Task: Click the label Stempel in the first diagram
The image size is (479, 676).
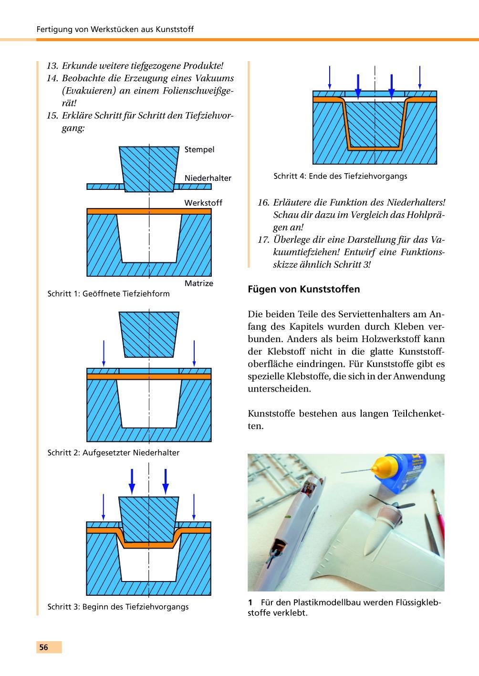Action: pyautogui.click(x=199, y=150)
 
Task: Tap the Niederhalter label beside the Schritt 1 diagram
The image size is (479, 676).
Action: pyautogui.click(x=208, y=178)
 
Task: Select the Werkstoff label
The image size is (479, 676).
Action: pyautogui.click(x=203, y=203)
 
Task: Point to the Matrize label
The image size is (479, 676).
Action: pyautogui.click(x=199, y=283)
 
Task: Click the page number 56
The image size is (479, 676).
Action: pyautogui.click(x=44, y=647)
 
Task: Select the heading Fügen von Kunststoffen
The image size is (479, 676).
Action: pyautogui.click(x=304, y=289)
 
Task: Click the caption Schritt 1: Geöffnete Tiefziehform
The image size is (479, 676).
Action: pyautogui.click(x=108, y=293)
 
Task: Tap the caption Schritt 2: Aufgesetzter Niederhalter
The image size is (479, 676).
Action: pyautogui.click(x=114, y=452)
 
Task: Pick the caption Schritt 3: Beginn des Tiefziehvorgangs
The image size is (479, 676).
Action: pyautogui.click(x=118, y=607)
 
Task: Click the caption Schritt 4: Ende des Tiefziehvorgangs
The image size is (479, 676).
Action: pyautogui.click(x=340, y=176)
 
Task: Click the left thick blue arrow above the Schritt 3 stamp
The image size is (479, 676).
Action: pyautogui.click(x=132, y=481)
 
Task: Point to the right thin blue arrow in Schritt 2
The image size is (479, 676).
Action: pyautogui.click(x=194, y=353)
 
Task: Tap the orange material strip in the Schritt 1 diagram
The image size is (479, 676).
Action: pyautogui.click(x=149, y=211)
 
